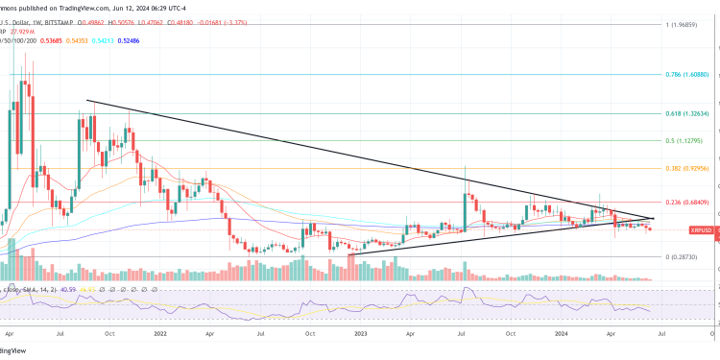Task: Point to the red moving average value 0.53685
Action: point(47,39)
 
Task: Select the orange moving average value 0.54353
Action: point(74,39)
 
